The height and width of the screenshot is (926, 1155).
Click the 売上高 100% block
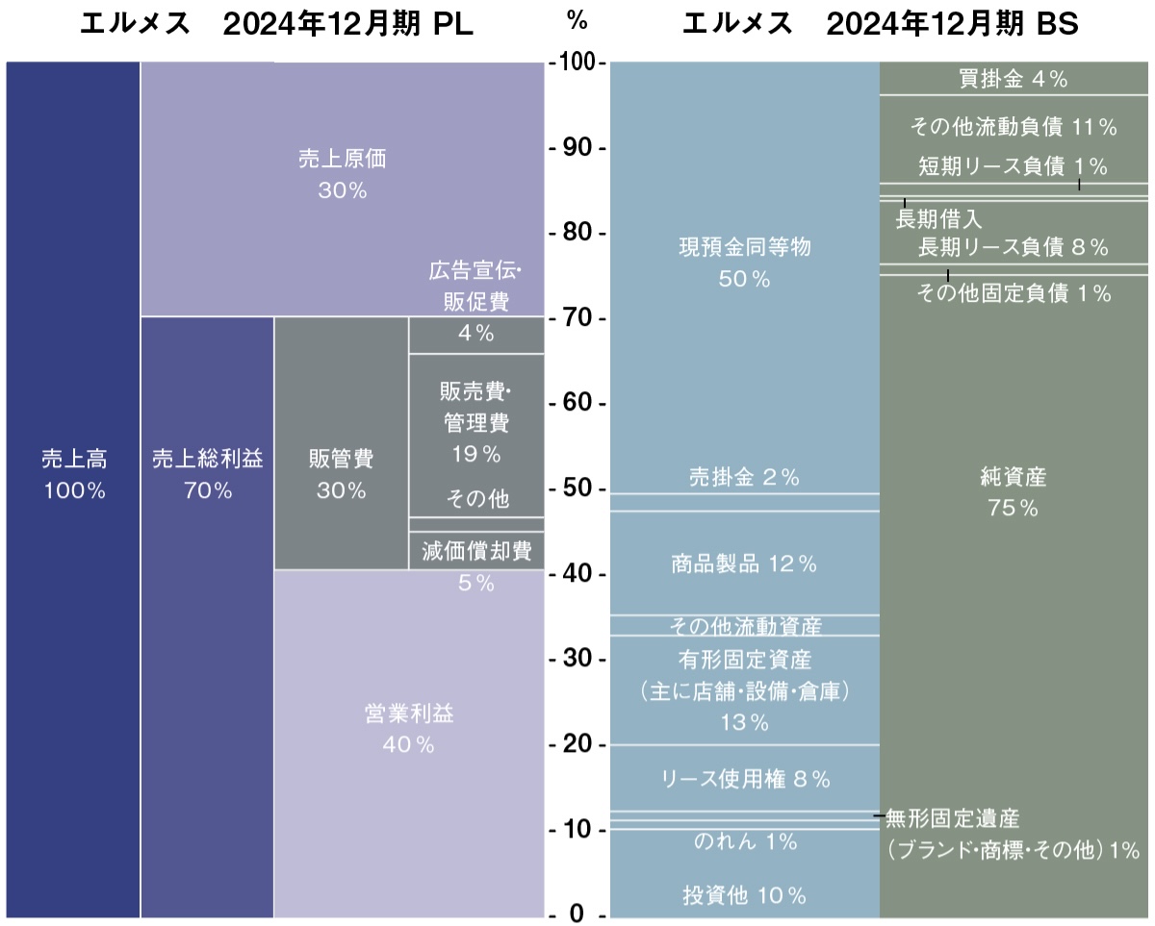pos(73,474)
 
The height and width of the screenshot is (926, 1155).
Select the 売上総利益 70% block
pos(207,474)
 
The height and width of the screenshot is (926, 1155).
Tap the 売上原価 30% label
pos(342,174)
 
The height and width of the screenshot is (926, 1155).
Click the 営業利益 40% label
pos(408,728)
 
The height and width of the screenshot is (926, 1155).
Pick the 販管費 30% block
pos(341,474)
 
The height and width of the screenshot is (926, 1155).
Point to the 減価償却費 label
pos(476,551)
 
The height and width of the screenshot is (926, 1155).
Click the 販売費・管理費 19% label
pos(475,421)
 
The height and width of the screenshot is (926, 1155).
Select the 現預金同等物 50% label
pos(744,263)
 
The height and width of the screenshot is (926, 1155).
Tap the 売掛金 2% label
pos(744,477)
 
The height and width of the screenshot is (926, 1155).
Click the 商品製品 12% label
pos(744,564)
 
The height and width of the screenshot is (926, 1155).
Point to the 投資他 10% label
pos(744,896)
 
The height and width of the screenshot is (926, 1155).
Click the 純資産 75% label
pos(1013,490)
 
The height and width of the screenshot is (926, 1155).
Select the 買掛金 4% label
pos(1014,80)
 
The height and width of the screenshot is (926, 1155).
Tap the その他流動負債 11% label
pos(1014,126)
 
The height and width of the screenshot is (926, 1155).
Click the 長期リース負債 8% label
pos(1014,247)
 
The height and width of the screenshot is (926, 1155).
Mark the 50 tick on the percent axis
pos(577,489)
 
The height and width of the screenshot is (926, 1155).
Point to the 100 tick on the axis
pos(577,63)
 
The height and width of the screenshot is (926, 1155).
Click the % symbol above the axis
pos(577,19)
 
